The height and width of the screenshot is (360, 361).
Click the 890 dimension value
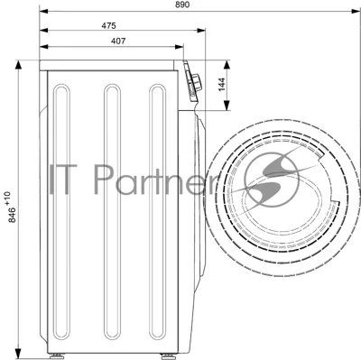pyautogui.click(x=182, y=5)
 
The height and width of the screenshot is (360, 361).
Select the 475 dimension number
pyautogui.click(x=108, y=26)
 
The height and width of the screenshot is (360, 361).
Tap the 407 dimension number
pyautogui.click(x=118, y=42)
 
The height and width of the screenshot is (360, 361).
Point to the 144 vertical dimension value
pyautogui.click(x=221, y=85)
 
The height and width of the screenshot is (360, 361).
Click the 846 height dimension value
pyautogui.click(x=12, y=215)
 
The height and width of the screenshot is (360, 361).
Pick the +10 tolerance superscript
pyautogui.click(x=7, y=198)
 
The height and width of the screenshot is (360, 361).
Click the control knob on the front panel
pyautogui.click(x=197, y=82)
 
